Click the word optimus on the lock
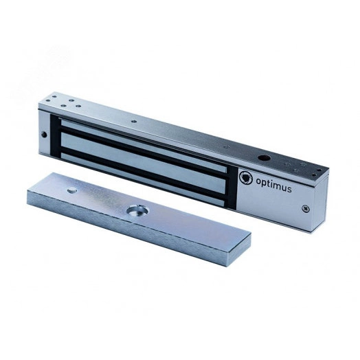[x=273, y=185]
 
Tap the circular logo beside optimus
[x=246, y=177]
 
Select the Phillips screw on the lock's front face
[x=306, y=209]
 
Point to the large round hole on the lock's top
[x=263, y=158]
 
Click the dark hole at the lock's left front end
[x=44, y=135]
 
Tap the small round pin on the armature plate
[x=72, y=190]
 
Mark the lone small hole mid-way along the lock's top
[x=135, y=122]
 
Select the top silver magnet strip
[x=143, y=145]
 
